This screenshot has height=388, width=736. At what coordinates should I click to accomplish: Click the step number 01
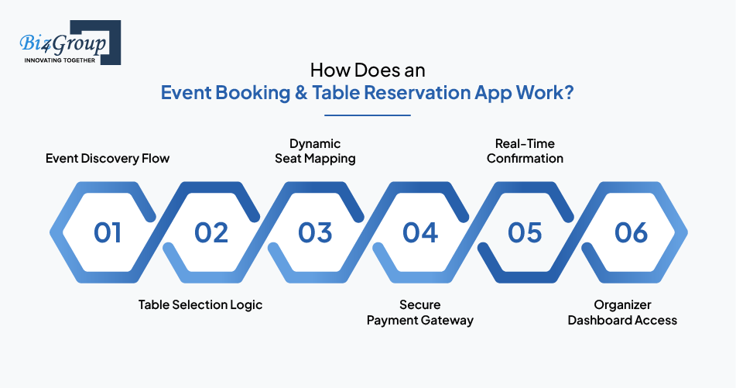[x=108, y=232]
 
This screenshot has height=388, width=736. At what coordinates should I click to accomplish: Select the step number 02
[x=211, y=232]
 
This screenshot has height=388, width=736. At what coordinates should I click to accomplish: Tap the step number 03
[x=315, y=232]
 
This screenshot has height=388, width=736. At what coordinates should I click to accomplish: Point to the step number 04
[x=420, y=232]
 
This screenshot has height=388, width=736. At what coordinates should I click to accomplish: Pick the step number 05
[x=525, y=232]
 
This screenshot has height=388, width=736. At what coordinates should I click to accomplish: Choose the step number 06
[x=631, y=232]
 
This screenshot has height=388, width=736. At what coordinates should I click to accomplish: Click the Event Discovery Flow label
[x=108, y=159]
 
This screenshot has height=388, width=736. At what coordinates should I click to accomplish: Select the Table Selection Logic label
[x=200, y=305]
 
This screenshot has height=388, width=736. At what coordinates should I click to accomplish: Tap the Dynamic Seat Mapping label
[x=315, y=151]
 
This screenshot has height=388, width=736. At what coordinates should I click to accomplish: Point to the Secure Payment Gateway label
[x=420, y=313]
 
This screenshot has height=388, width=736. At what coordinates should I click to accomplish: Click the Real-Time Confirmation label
[x=525, y=151]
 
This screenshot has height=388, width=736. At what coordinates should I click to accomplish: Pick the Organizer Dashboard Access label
[x=622, y=313]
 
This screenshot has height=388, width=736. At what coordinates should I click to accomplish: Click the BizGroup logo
[x=70, y=43]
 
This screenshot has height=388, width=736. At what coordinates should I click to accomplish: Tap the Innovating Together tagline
[x=60, y=60]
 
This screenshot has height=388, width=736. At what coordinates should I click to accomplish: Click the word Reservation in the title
[x=417, y=92]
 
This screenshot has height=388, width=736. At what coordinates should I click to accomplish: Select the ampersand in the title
[x=301, y=92]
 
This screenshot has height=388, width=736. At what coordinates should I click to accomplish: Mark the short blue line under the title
[x=368, y=115]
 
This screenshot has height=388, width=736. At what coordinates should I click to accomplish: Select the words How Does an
[x=368, y=70]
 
